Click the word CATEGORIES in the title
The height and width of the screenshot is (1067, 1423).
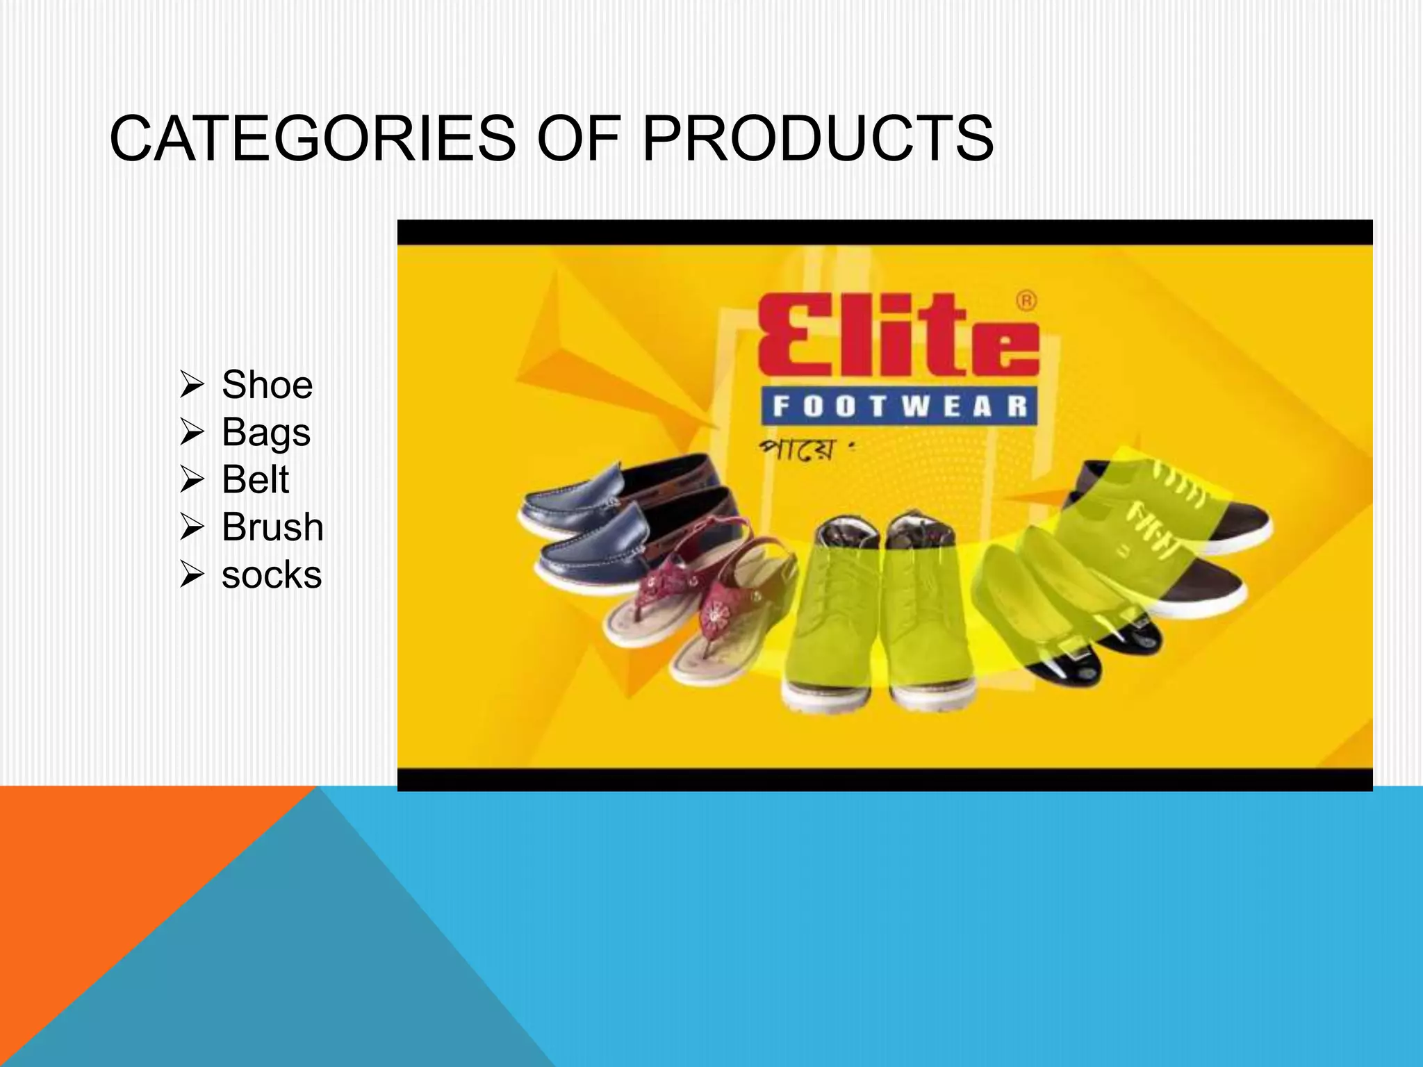click(x=313, y=139)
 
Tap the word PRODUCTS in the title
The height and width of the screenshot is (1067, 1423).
click(x=818, y=139)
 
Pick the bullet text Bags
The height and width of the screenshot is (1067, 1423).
click(x=265, y=433)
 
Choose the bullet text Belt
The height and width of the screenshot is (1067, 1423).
click(x=255, y=479)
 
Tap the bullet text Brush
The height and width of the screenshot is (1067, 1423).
click(x=272, y=527)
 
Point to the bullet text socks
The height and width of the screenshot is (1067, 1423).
click(x=272, y=575)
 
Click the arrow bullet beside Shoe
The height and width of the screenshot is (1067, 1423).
click(x=192, y=384)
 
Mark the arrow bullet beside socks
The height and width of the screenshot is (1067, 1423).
click(x=192, y=575)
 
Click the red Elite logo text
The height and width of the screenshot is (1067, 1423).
click(x=896, y=335)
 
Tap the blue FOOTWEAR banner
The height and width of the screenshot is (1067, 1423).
click(x=899, y=406)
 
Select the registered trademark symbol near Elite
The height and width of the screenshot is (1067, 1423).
click(x=1026, y=301)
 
